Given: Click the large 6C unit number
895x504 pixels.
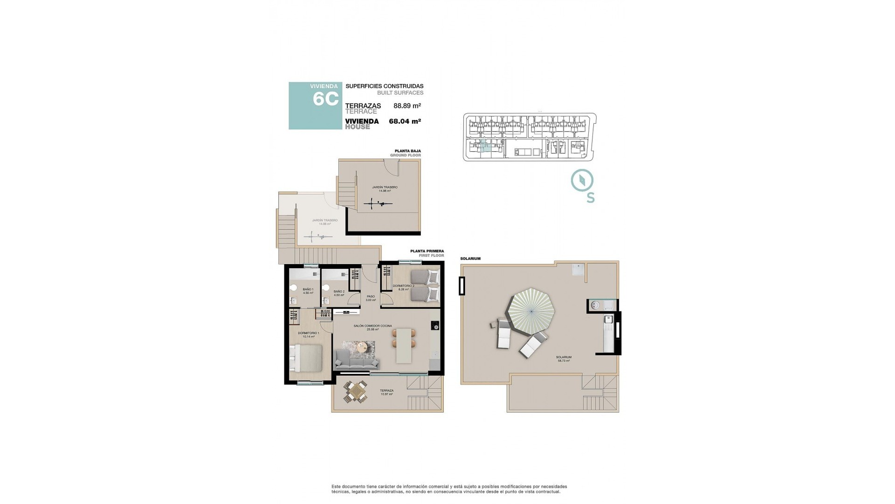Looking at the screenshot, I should (x=325, y=99).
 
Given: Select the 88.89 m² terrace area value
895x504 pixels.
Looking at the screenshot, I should (x=407, y=106).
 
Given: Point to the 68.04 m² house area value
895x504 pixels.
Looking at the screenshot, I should (x=405, y=121).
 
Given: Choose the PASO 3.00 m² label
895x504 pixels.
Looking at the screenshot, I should (x=371, y=298).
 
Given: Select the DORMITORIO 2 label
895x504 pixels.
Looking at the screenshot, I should (x=403, y=287).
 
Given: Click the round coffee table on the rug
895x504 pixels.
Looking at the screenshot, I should (x=362, y=347).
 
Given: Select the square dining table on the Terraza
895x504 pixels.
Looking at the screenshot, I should (x=355, y=392).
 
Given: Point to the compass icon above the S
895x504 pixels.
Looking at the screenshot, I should (x=582, y=181).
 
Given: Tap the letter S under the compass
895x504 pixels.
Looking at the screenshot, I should (x=591, y=198).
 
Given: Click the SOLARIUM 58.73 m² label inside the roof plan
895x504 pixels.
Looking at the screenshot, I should (x=564, y=359).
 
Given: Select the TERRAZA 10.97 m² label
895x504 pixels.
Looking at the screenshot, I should (x=386, y=392).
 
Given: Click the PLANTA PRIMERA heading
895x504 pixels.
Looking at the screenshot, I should (x=427, y=251).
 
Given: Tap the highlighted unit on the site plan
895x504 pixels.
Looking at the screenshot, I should (x=485, y=146).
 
